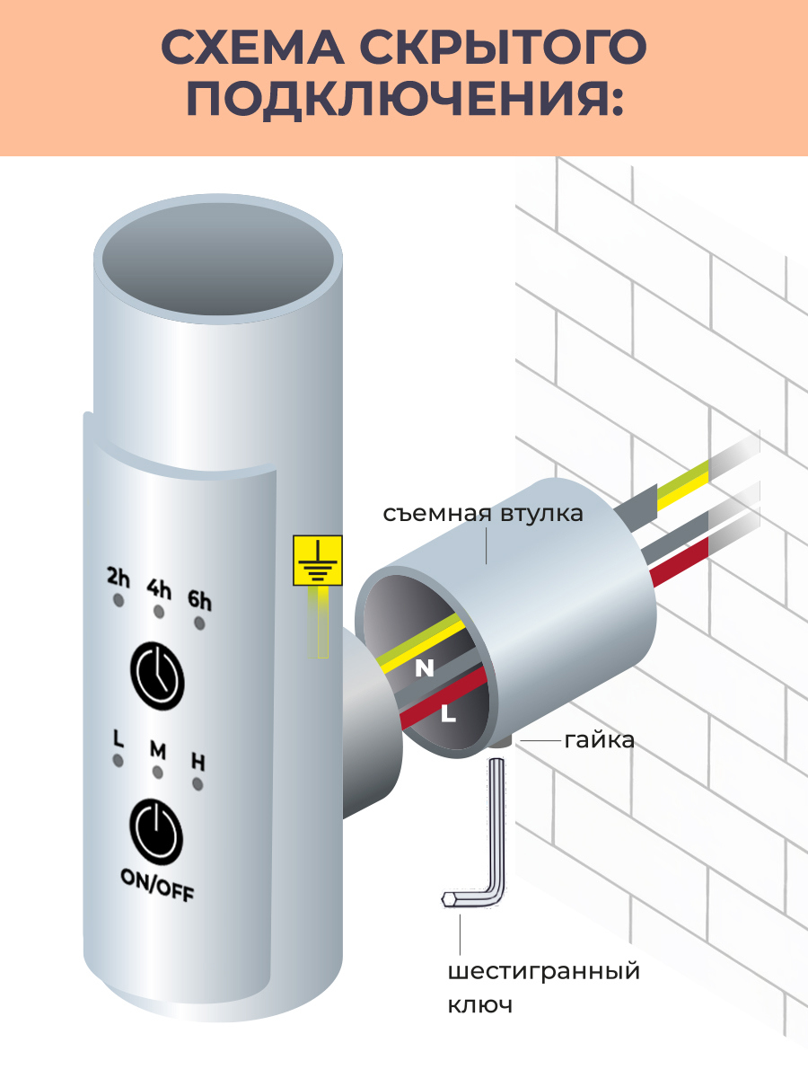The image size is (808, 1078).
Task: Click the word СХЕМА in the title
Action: (252, 47)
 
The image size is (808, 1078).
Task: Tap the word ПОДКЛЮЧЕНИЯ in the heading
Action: (405, 99)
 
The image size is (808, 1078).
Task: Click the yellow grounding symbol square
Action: (318, 561)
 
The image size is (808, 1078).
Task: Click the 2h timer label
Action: (118, 578)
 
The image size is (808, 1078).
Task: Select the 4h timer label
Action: (159, 588)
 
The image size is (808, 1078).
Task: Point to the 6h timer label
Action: (199, 601)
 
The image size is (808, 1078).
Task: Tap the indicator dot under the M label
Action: (157, 773)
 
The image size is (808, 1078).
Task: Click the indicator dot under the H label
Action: (198, 784)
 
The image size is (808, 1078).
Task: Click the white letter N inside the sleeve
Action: (425, 668)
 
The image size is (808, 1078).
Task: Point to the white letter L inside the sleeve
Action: (448, 713)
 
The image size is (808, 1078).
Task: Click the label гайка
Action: (599, 740)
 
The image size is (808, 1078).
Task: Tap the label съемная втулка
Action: (483, 514)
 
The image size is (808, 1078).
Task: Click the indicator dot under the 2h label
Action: (118, 600)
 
